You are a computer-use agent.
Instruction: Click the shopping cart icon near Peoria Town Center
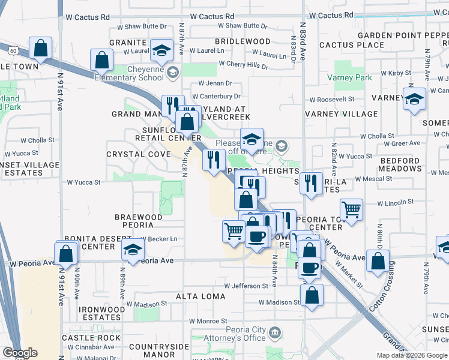click(x=351, y=210)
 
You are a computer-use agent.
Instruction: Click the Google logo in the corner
click(x=20, y=353)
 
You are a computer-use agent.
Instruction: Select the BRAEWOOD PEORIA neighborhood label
click(x=139, y=221)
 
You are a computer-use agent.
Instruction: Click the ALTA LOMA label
click(x=200, y=296)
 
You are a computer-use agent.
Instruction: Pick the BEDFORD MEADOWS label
click(x=400, y=164)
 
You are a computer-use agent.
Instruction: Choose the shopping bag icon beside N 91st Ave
click(x=66, y=253)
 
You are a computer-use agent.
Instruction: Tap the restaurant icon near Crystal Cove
click(x=214, y=160)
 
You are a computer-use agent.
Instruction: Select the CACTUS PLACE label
click(x=352, y=45)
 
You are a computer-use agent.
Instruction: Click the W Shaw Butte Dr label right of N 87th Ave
click(x=243, y=26)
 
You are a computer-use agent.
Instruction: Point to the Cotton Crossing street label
click(x=382, y=297)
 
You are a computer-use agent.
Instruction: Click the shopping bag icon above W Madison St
click(x=312, y=295)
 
